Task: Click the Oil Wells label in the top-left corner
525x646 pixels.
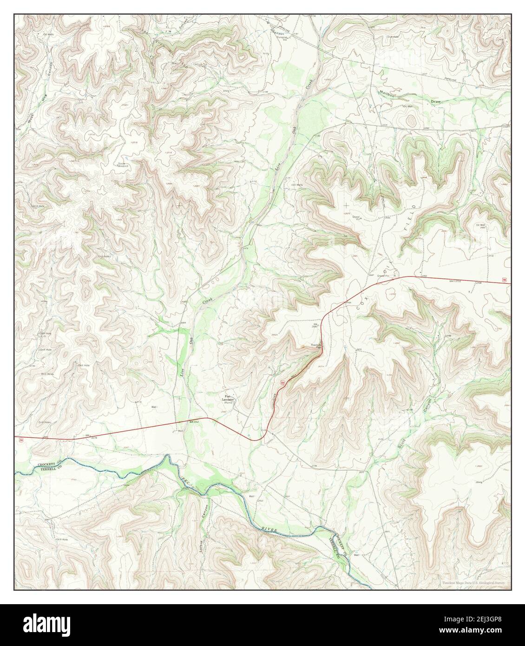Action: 49,34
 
